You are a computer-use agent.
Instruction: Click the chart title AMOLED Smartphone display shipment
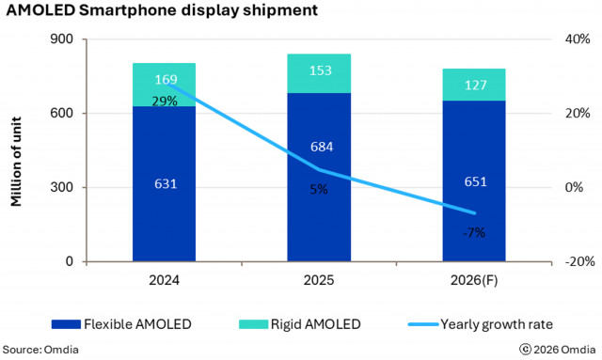[x=161, y=12]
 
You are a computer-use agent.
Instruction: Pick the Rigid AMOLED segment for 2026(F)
[x=473, y=85]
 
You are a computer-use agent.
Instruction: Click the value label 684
[x=319, y=147]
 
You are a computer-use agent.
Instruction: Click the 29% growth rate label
[x=165, y=101]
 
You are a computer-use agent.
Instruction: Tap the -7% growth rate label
[x=473, y=232]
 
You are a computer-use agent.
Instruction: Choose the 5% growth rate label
[x=319, y=188]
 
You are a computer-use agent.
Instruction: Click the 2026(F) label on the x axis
[x=473, y=280]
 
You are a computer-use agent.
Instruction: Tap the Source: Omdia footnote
[x=38, y=350]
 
